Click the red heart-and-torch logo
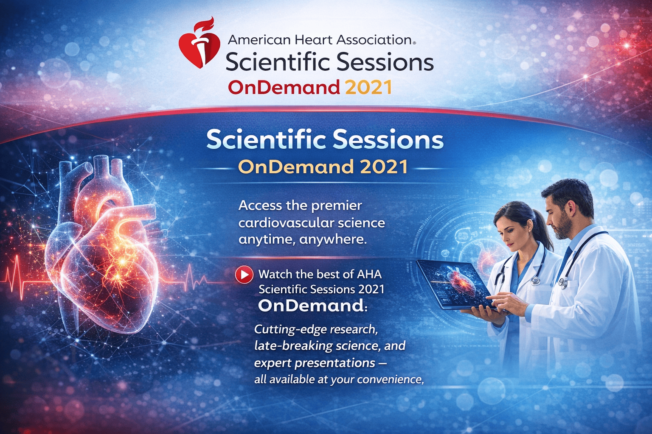point(200,43)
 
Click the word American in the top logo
point(259,40)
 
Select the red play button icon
point(244,274)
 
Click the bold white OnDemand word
point(311,306)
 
